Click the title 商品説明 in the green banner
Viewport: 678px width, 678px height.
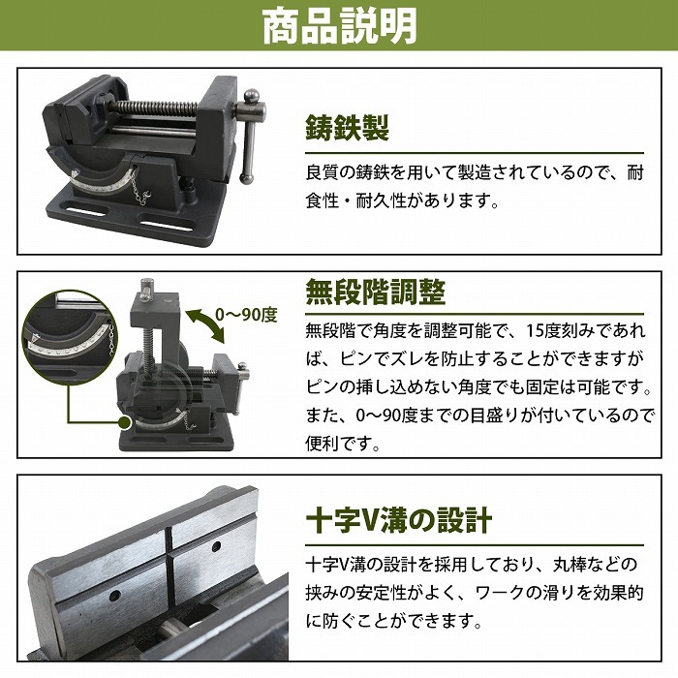coord(339,26)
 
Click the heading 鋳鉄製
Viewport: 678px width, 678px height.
coord(348,128)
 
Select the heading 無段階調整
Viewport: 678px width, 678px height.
coord(376,292)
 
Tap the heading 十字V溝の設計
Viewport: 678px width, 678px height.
coord(399,521)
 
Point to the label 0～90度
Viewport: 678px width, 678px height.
coord(246,315)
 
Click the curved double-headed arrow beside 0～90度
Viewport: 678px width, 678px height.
coord(206,325)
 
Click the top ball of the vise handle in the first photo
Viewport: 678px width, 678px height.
coord(252,97)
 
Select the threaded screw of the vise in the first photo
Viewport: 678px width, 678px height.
coord(154,108)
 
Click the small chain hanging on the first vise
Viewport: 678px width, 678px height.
coord(140,188)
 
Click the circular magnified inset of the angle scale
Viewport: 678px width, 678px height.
coord(69,335)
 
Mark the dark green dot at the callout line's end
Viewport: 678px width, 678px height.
coord(125,422)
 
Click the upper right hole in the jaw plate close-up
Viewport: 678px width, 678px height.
coord(217,546)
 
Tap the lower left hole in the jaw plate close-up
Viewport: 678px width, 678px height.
coord(114,597)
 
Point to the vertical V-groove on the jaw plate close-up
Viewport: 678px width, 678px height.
coord(169,567)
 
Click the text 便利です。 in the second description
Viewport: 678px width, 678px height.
coord(343,444)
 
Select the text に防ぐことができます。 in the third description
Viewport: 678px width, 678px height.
coord(393,621)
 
